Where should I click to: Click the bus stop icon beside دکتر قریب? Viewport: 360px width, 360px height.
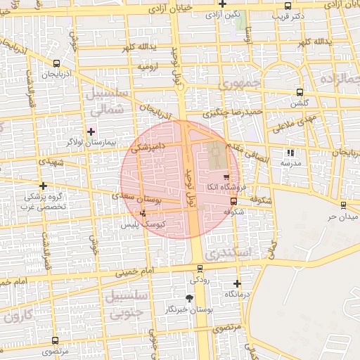[288, 6]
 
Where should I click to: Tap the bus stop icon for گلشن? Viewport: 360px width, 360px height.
[300, 92]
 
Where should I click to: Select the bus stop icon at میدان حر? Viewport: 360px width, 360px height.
[342, 205]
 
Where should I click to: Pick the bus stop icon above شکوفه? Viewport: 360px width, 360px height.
[233, 200]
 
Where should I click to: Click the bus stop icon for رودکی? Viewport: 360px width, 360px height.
[200, 268]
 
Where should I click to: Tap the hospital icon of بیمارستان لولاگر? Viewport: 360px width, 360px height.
[90, 131]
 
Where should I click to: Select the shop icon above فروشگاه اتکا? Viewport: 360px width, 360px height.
[226, 177]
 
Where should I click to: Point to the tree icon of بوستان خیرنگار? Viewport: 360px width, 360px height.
[189, 299]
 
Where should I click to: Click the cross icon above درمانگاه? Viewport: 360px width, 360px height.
[237, 283]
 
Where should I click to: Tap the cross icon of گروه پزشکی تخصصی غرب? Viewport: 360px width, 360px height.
[44, 186]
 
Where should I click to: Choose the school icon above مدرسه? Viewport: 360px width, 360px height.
[290, 153]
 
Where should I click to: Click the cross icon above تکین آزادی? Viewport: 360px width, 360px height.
[223, 4]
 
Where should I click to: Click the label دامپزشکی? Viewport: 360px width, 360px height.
[149, 146]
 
